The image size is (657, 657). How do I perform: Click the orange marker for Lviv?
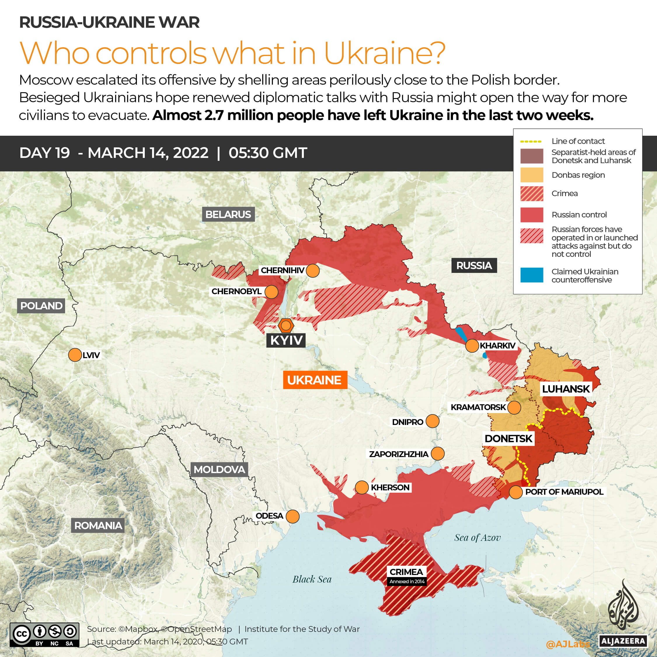point(75,355)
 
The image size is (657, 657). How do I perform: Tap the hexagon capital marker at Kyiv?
point(286,326)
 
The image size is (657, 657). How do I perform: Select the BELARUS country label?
point(228,215)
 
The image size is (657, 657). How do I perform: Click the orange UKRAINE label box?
point(315,380)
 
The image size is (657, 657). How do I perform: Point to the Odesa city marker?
point(292,516)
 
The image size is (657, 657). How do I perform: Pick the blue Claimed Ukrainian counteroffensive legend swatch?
point(531,275)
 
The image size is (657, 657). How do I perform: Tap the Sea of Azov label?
point(477,538)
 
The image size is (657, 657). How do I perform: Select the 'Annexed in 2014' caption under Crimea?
point(407,581)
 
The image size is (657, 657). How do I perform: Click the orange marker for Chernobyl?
point(271,292)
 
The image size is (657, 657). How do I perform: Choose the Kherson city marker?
point(362,487)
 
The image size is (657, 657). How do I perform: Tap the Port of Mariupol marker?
point(515,492)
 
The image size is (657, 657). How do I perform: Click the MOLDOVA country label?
point(219,470)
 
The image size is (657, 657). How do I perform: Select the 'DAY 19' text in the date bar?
point(45,153)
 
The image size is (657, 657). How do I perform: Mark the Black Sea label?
point(312,579)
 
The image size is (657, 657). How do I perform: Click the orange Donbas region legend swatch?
point(531,175)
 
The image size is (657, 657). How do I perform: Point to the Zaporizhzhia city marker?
point(437,454)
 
